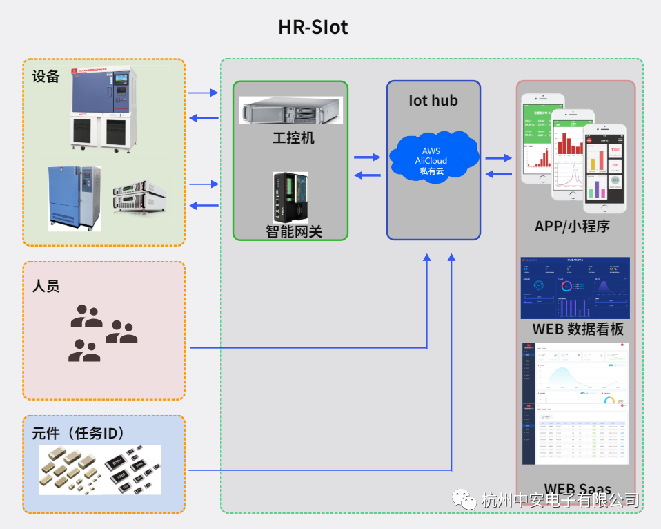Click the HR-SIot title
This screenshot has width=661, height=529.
(313, 28)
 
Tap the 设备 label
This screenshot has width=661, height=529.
(46, 76)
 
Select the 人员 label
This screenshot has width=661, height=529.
(46, 286)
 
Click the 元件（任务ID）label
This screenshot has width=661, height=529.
(78, 434)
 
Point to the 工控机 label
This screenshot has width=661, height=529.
(293, 137)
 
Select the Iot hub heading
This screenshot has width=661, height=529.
(433, 101)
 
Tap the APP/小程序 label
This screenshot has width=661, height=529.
(572, 226)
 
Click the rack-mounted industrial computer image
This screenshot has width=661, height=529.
(290, 110)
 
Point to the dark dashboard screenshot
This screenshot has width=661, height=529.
(575, 287)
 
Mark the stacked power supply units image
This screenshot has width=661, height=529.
(139, 198)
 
